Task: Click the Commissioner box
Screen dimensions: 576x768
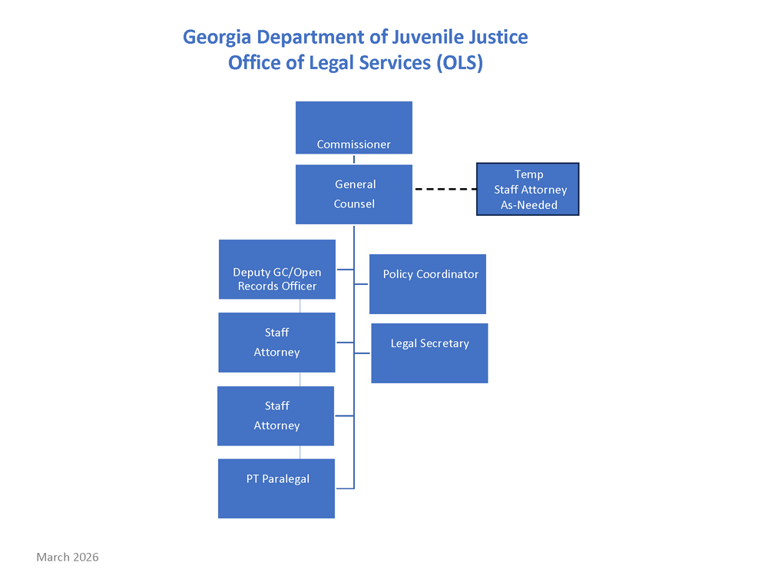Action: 354,128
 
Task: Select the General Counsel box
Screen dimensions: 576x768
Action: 354,194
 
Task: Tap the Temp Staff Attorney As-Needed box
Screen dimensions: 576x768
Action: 528,189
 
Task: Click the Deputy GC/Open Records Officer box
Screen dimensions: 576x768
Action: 277,269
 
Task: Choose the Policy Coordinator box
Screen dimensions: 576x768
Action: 428,284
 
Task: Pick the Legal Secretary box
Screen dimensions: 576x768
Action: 429,353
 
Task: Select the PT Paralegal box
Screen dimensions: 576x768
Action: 276,488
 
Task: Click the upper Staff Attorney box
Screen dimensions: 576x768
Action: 276,343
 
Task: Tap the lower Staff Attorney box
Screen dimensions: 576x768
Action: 276,415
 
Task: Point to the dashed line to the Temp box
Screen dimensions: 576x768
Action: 445,189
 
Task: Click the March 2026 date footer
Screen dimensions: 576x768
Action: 68,557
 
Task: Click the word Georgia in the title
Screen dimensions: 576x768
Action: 217,37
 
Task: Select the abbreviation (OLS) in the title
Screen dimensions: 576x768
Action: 458,63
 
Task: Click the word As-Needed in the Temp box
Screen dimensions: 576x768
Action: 529,205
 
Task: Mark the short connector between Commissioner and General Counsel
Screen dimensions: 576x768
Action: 354,160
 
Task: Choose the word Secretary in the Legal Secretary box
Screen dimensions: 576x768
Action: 444,343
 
